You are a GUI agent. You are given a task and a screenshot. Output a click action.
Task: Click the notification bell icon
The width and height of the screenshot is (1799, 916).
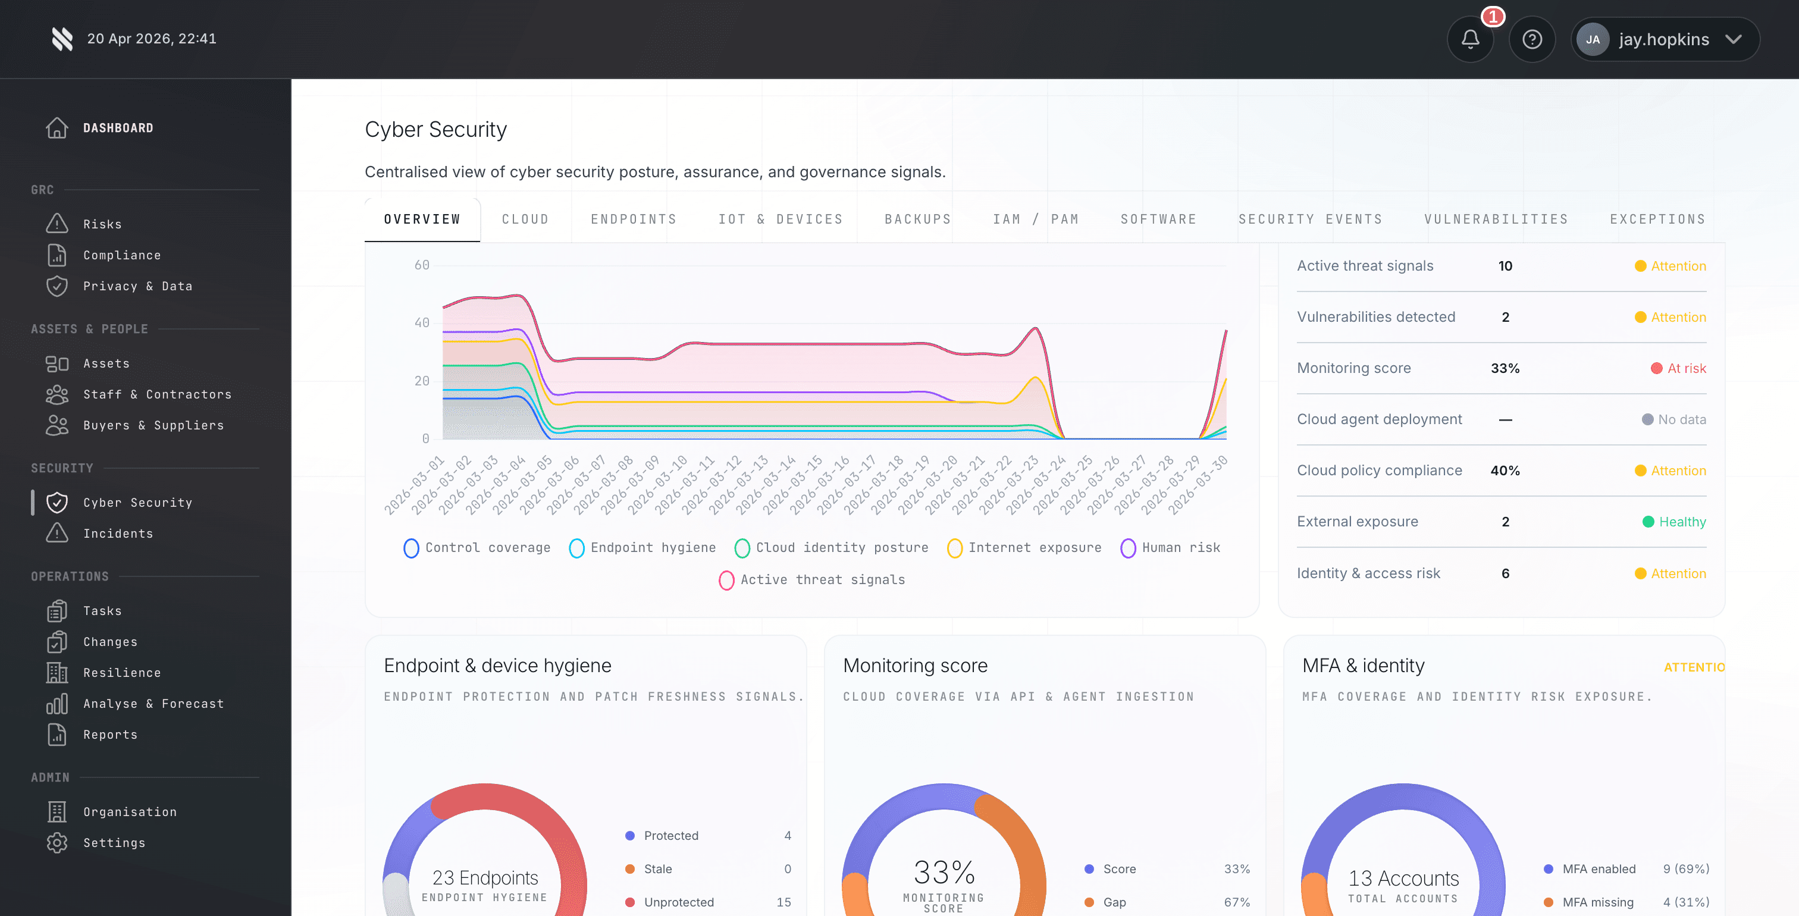1470,39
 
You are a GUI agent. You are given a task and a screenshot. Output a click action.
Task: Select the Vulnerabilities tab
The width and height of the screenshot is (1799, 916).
1496,219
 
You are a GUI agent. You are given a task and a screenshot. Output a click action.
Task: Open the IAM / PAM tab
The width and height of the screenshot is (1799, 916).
1036,219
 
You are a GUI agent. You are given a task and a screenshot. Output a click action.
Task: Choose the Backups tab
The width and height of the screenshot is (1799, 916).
918,219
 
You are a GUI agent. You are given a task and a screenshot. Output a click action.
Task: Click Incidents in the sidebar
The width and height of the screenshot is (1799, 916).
118,534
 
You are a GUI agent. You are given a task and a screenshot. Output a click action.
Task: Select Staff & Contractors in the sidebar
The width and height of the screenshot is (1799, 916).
157,394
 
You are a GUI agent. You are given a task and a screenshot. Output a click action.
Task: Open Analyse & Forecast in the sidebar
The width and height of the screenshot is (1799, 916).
153,704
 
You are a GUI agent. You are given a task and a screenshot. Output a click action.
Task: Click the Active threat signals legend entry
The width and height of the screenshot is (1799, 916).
812,580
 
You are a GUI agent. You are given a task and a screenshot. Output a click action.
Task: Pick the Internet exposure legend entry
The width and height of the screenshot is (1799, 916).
1024,548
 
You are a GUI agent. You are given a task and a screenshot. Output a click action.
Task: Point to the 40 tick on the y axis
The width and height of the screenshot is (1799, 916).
422,323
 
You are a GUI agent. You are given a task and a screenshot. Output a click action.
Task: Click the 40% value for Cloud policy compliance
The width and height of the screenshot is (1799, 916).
1505,470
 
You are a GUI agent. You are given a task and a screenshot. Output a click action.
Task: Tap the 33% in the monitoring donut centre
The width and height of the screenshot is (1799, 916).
944,873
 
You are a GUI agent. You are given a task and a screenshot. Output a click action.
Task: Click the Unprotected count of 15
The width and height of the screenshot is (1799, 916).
783,902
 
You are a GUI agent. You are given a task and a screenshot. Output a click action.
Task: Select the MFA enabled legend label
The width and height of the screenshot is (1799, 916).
1599,869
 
